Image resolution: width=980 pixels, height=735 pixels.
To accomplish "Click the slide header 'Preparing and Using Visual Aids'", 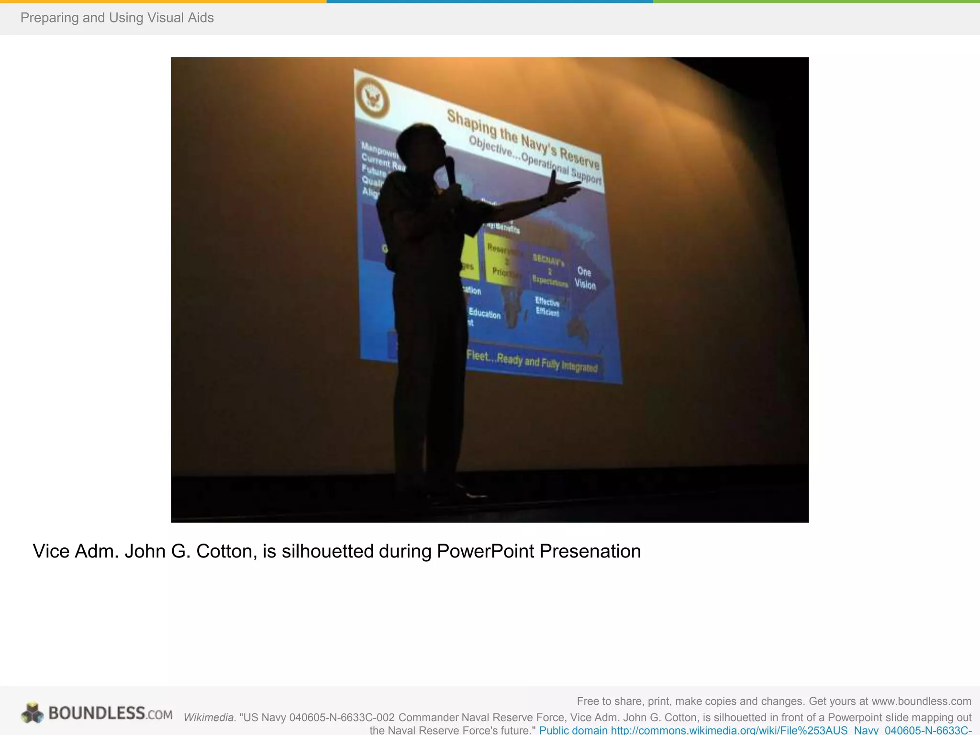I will click(x=117, y=18).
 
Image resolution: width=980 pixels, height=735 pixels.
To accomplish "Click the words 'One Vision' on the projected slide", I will click(x=585, y=278).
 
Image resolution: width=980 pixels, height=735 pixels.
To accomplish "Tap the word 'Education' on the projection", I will click(x=484, y=313).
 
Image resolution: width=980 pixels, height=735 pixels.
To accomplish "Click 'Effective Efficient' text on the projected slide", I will click(x=547, y=307).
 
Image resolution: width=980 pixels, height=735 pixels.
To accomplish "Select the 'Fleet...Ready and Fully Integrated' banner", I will click(x=532, y=361).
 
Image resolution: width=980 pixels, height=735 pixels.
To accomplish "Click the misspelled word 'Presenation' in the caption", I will click(x=590, y=551).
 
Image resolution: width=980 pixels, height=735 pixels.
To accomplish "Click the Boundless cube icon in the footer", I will click(x=32, y=713).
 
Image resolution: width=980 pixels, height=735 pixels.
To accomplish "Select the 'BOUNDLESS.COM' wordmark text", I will click(x=110, y=713).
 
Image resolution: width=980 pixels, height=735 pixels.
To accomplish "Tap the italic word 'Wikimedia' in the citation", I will click(x=209, y=717).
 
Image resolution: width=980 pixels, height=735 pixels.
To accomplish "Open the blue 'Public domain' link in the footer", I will click(x=573, y=731).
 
